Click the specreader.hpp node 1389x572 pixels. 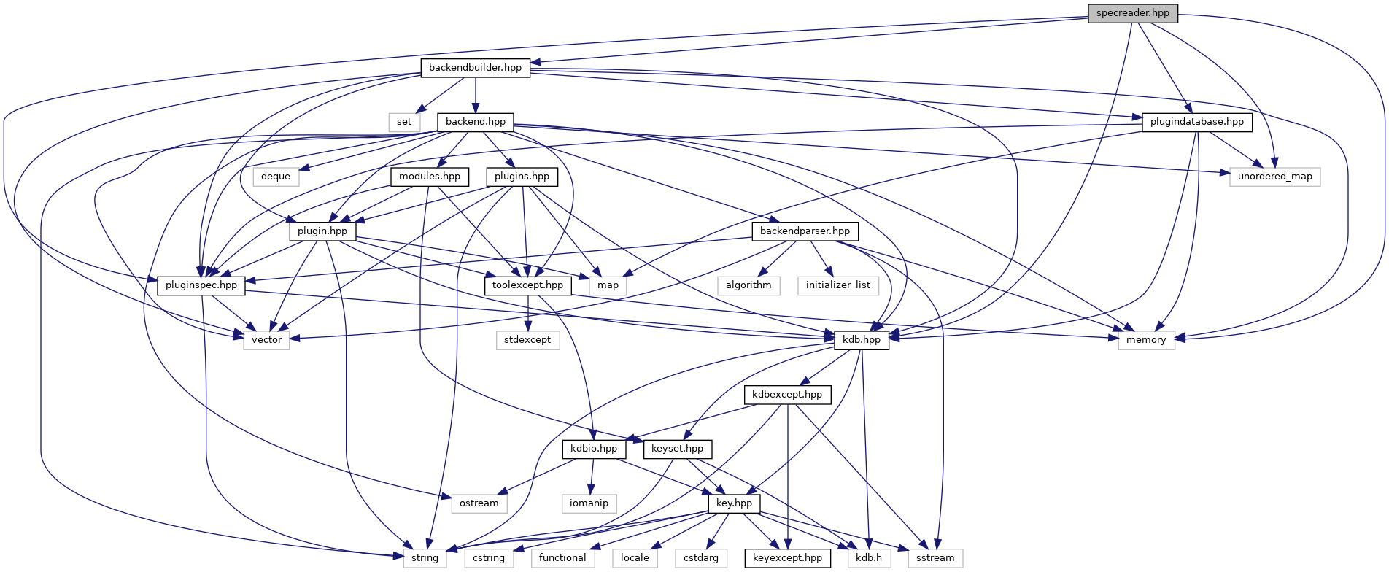(x=1132, y=13)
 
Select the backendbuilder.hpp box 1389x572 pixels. (x=475, y=68)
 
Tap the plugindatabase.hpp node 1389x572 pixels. (x=1196, y=122)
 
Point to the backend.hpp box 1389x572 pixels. (x=475, y=122)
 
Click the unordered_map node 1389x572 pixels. (x=1274, y=177)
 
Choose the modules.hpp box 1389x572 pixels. (x=430, y=177)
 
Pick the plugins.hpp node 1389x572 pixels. (x=522, y=177)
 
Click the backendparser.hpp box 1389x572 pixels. (x=805, y=231)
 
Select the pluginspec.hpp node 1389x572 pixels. (x=201, y=285)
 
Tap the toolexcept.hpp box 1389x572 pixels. (x=527, y=285)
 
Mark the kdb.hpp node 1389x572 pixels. (x=862, y=340)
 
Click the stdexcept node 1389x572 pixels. (x=527, y=340)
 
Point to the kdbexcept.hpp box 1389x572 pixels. (x=787, y=395)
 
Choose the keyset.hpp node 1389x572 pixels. (x=677, y=449)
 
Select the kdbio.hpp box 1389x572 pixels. (x=594, y=449)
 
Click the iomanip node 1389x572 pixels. (x=589, y=503)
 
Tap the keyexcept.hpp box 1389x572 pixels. (x=787, y=558)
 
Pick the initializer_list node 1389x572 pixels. (x=837, y=285)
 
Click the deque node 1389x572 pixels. (x=276, y=177)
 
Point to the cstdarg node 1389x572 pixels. (x=700, y=558)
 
